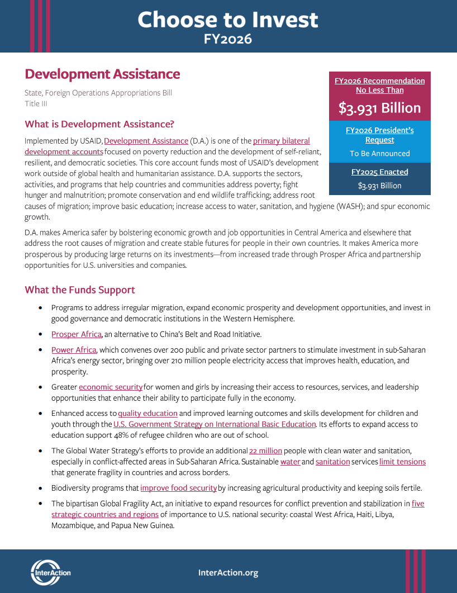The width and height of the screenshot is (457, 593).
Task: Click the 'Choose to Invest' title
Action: point(228,20)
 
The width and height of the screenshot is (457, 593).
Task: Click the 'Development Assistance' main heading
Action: point(102,74)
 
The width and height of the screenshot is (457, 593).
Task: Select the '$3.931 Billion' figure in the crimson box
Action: point(379,108)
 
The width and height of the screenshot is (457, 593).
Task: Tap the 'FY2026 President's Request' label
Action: point(379,135)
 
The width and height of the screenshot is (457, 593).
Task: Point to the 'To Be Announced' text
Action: point(379,154)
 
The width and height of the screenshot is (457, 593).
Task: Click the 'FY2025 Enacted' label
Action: point(379,172)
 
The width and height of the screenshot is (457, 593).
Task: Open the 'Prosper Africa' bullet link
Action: point(77,334)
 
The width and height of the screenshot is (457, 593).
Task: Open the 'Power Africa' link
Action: point(74,350)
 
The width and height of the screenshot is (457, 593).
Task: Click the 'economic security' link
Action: point(111,387)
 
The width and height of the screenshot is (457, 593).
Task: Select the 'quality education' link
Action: point(147,413)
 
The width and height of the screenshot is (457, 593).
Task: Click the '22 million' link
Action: point(265,450)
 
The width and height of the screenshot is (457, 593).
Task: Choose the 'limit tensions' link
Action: point(402,462)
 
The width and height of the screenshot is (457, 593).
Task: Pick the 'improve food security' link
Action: point(178,488)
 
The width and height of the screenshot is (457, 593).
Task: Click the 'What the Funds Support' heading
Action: point(80,290)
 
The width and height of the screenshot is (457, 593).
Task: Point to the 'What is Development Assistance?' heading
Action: point(99,124)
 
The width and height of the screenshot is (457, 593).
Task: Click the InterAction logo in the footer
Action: point(51,572)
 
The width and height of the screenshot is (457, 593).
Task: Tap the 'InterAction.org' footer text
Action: point(228,573)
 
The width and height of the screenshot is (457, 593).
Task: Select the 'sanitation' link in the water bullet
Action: point(332,462)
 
